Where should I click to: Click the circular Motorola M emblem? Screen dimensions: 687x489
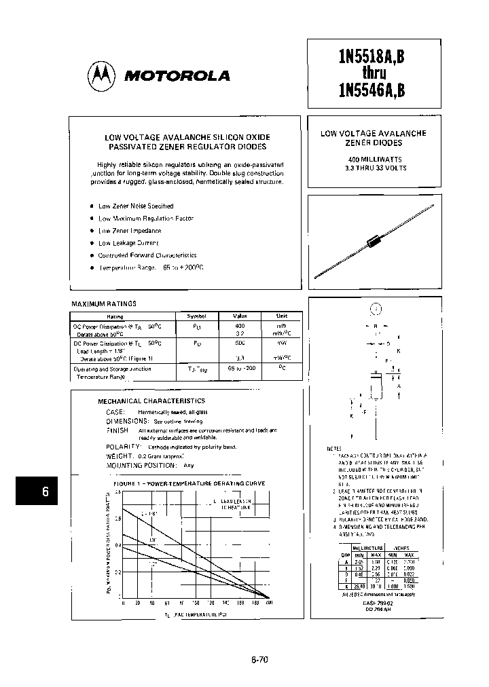click(101, 75)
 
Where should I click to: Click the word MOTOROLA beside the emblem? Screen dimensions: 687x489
click(177, 76)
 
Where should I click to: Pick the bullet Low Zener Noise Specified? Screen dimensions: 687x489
click(136, 206)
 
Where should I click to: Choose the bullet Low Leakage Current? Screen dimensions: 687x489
click(128, 243)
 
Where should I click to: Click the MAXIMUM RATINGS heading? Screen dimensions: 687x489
click(104, 304)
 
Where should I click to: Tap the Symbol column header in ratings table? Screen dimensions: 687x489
click(191, 316)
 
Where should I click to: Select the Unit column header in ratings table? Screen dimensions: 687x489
click(281, 316)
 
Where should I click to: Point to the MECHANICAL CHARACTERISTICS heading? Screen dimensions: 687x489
click(151, 401)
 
